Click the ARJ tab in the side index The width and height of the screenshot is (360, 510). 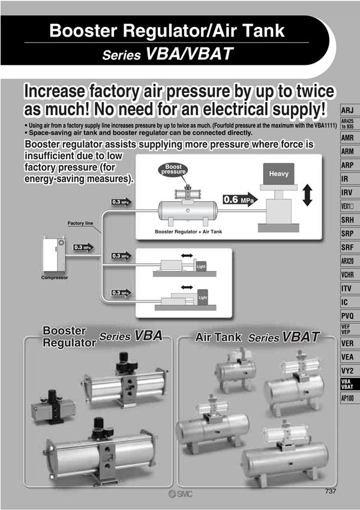point(349,110)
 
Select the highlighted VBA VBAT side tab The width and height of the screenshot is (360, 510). point(349,384)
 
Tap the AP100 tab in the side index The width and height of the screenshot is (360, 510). point(349,398)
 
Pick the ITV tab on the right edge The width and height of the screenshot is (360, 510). point(349,289)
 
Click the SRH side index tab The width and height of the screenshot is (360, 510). point(349,220)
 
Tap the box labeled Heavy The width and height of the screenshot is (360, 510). point(278,174)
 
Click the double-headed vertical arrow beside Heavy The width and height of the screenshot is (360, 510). point(307,195)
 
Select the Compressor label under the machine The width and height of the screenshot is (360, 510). point(55,278)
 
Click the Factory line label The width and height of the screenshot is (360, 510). point(80,223)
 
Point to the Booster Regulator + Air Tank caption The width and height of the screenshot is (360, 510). point(188,232)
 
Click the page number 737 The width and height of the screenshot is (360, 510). point(331,491)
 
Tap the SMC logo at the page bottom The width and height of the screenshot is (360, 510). point(180,494)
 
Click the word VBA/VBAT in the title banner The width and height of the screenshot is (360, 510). point(190,53)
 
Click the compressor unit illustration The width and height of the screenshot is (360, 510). point(55,255)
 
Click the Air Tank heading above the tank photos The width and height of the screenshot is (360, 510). point(218,337)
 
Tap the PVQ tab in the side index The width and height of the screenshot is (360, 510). point(349,316)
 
